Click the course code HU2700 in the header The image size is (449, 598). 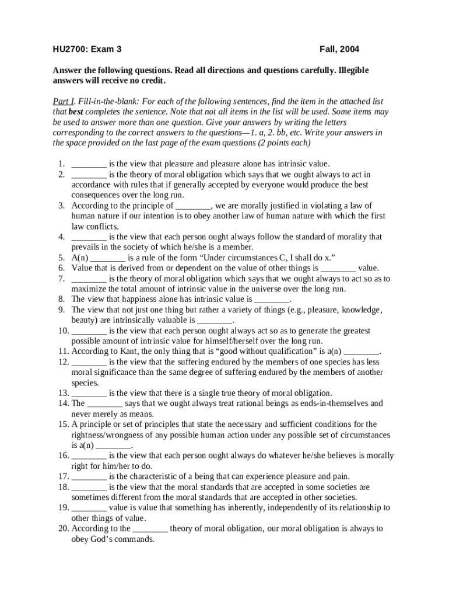pos(67,50)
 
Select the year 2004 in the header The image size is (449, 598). pos(356,50)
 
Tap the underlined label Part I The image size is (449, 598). pos(64,100)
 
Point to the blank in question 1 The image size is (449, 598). pos(89,164)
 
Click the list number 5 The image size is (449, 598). pos(61,258)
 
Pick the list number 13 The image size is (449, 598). pos(63,393)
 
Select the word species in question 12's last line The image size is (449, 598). pos(84,383)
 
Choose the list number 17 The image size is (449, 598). pos(63,477)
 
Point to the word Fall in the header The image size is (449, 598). pos(329,50)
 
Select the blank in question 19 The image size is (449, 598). pos(89,507)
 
